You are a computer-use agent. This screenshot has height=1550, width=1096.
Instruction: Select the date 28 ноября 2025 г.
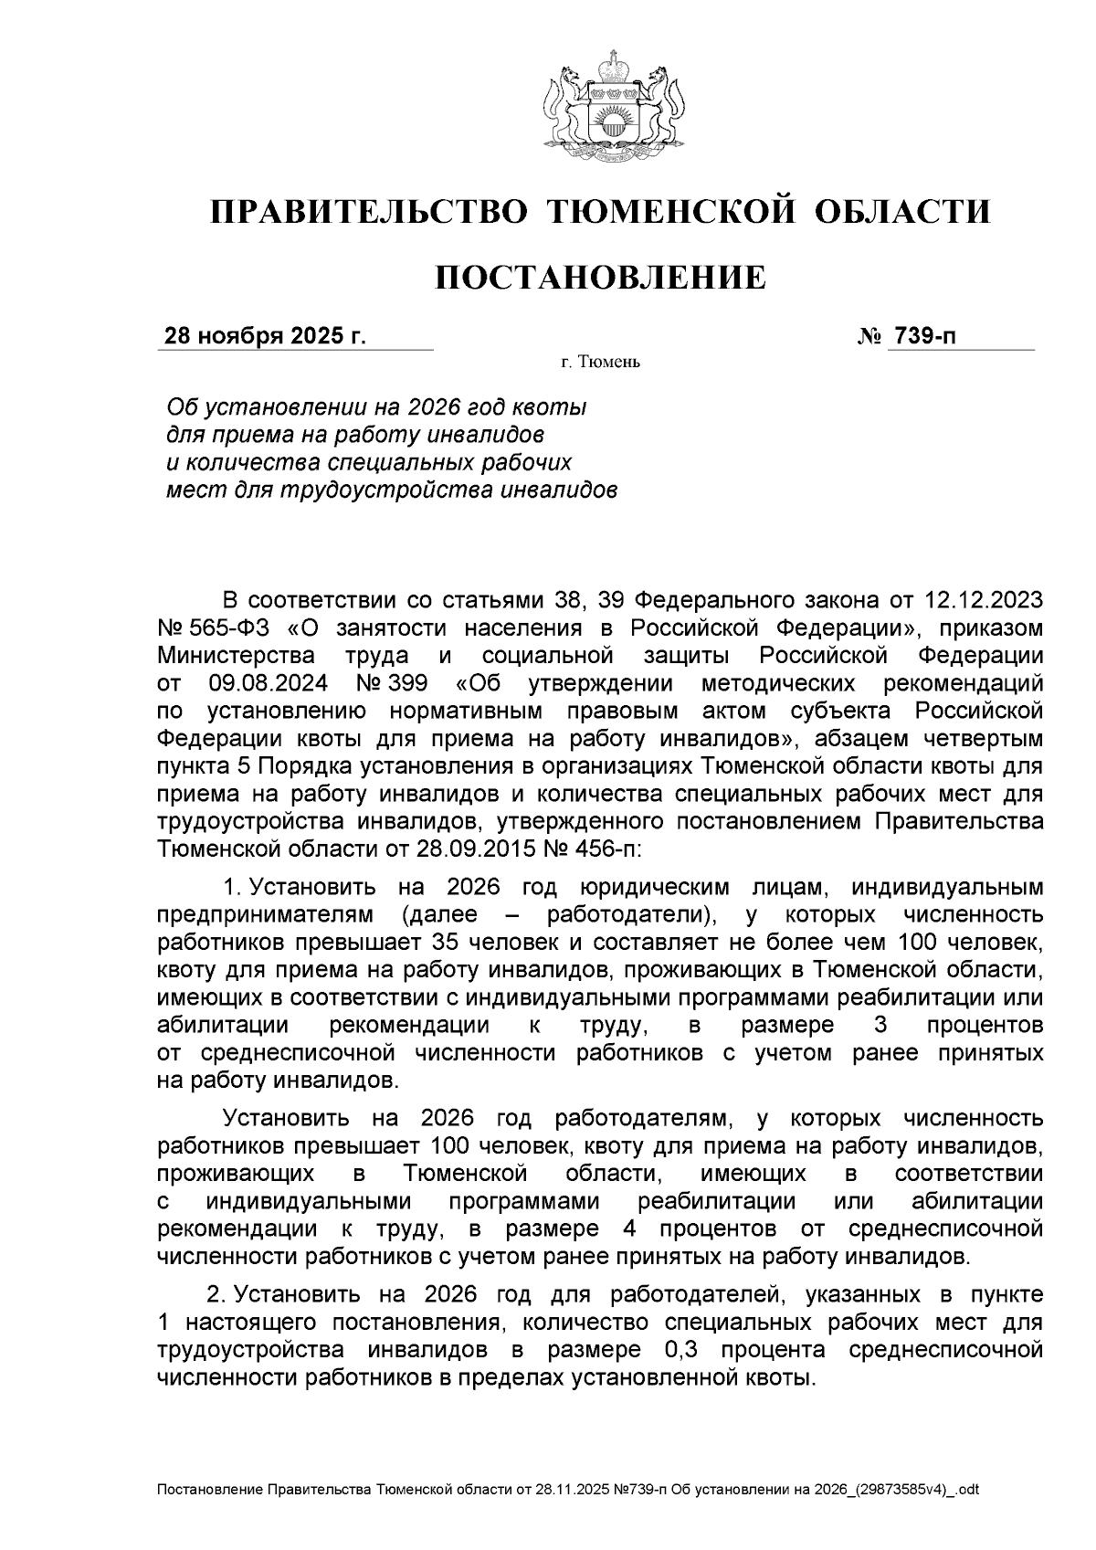point(264,336)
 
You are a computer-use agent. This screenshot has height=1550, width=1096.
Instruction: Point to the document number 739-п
point(926,336)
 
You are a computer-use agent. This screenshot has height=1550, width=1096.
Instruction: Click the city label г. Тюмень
point(600,364)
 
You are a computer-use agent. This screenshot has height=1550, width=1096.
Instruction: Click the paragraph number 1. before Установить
point(232,887)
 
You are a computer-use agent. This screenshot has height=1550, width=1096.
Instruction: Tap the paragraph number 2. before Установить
point(216,1294)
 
